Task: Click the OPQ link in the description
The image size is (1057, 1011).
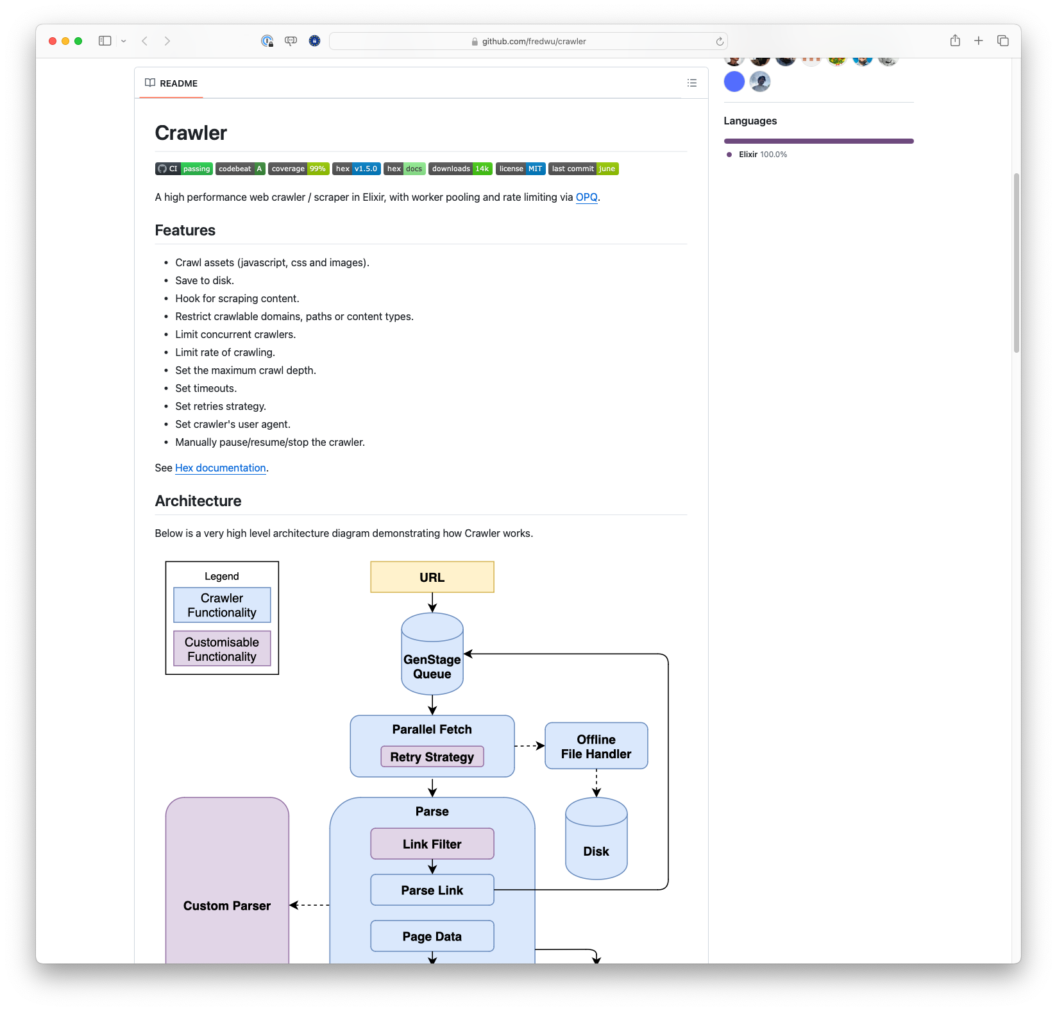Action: click(586, 198)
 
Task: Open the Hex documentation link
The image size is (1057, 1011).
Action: click(220, 468)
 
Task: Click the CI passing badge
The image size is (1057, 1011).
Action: click(183, 169)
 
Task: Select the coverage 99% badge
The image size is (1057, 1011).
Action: click(298, 169)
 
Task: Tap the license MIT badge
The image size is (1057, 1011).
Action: click(520, 169)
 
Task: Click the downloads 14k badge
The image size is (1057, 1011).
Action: click(460, 169)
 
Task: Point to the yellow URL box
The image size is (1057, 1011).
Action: click(432, 577)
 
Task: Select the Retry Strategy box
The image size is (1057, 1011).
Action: click(432, 757)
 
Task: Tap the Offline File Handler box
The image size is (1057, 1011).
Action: click(596, 746)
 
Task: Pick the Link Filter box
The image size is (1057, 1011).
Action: click(432, 844)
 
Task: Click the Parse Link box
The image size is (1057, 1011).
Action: click(432, 890)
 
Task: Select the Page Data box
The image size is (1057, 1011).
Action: click(432, 937)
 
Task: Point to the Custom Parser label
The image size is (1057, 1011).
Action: click(227, 906)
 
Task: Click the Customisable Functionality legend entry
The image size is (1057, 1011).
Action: click(222, 649)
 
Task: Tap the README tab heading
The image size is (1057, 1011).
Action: click(171, 83)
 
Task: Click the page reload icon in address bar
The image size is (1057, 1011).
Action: click(720, 41)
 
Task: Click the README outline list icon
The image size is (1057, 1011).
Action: click(691, 83)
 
